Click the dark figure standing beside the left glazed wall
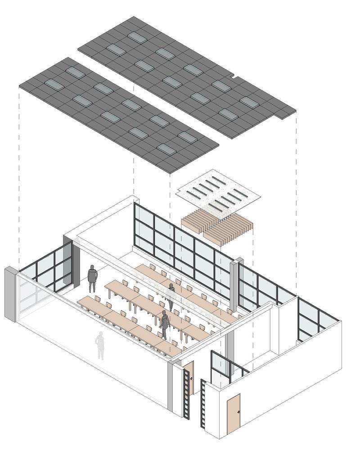[x=92, y=278]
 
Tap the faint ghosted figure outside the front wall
[x=100, y=345]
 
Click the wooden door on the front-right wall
[x=233, y=414]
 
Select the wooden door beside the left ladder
[x=189, y=378]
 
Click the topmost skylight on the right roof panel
[x=137, y=37]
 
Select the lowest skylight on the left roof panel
[x=166, y=149]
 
